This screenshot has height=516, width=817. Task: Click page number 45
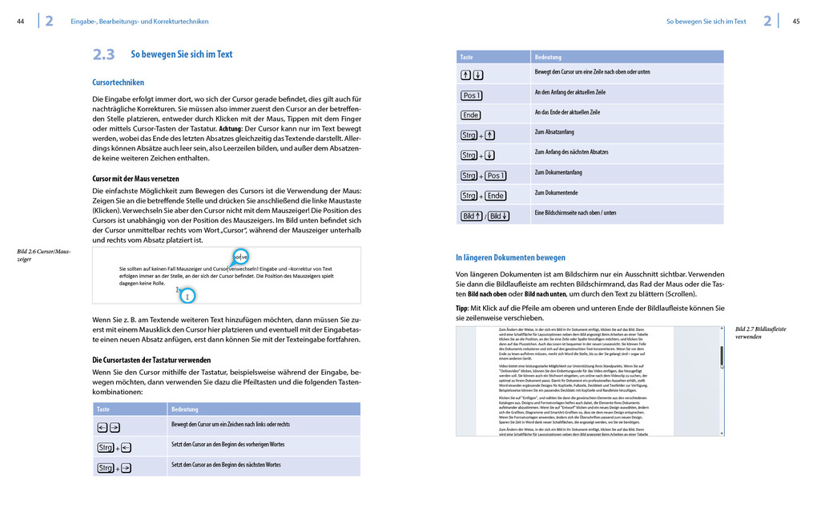coord(796,22)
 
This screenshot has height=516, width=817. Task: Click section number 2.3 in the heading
coord(103,54)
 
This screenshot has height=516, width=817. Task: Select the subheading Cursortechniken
coord(118,83)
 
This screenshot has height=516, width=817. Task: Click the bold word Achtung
coord(230,128)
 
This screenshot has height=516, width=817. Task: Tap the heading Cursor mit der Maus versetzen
coord(135,178)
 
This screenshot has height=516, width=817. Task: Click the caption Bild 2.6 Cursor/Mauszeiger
coord(44,256)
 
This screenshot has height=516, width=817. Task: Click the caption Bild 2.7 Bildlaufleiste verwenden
coord(760,333)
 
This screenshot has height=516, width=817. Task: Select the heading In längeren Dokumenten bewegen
coord(510,258)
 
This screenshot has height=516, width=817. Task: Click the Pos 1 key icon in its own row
coord(472,95)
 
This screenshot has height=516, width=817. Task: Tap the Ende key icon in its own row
coord(471,115)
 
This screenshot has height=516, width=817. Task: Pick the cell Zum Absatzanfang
coord(553,132)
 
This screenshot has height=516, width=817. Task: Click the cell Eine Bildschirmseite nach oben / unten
coord(575,213)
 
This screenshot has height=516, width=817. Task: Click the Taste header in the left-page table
coord(103,409)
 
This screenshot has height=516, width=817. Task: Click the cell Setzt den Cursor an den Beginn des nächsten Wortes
coord(226,465)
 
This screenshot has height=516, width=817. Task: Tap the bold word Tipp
coord(463,308)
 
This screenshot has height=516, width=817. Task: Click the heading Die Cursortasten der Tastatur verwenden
coord(151,361)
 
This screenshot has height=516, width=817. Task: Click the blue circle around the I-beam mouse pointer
coord(187,296)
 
